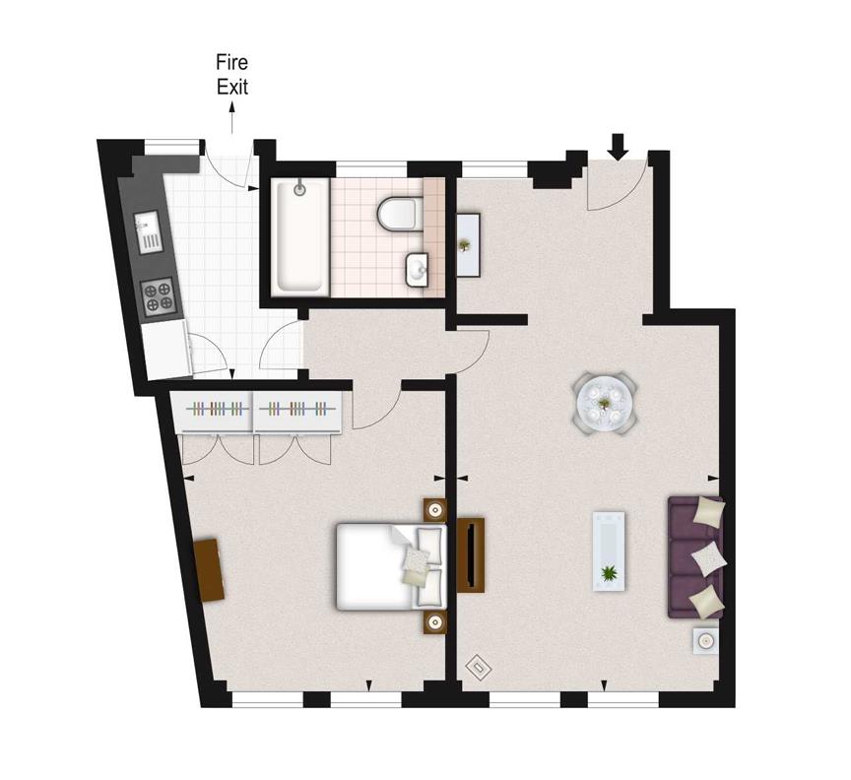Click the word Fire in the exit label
pyautogui.click(x=231, y=62)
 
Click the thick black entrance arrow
pyautogui.click(x=618, y=147)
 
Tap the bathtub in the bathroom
pyautogui.click(x=300, y=236)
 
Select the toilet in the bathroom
pyautogui.click(x=398, y=214)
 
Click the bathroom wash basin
pyautogui.click(x=417, y=270)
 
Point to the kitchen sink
pyautogui.click(x=149, y=231)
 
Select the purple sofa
pyautogui.click(x=696, y=556)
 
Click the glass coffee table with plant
pyautogui.click(x=609, y=551)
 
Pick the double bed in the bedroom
pyautogui.click(x=391, y=566)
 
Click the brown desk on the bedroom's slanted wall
pyautogui.click(x=209, y=569)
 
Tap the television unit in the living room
pyautogui.click(x=471, y=554)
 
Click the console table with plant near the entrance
pyautogui.click(x=468, y=245)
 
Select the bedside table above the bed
pyautogui.click(x=435, y=511)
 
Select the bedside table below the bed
pyautogui.click(x=435, y=621)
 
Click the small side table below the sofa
pyautogui.click(x=705, y=641)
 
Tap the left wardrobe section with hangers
pyautogui.click(x=214, y=412)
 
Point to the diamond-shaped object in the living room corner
pyautogui.click(x=479, y=666)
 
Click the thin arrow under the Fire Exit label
pyautogui.click(x=232, y=118)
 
